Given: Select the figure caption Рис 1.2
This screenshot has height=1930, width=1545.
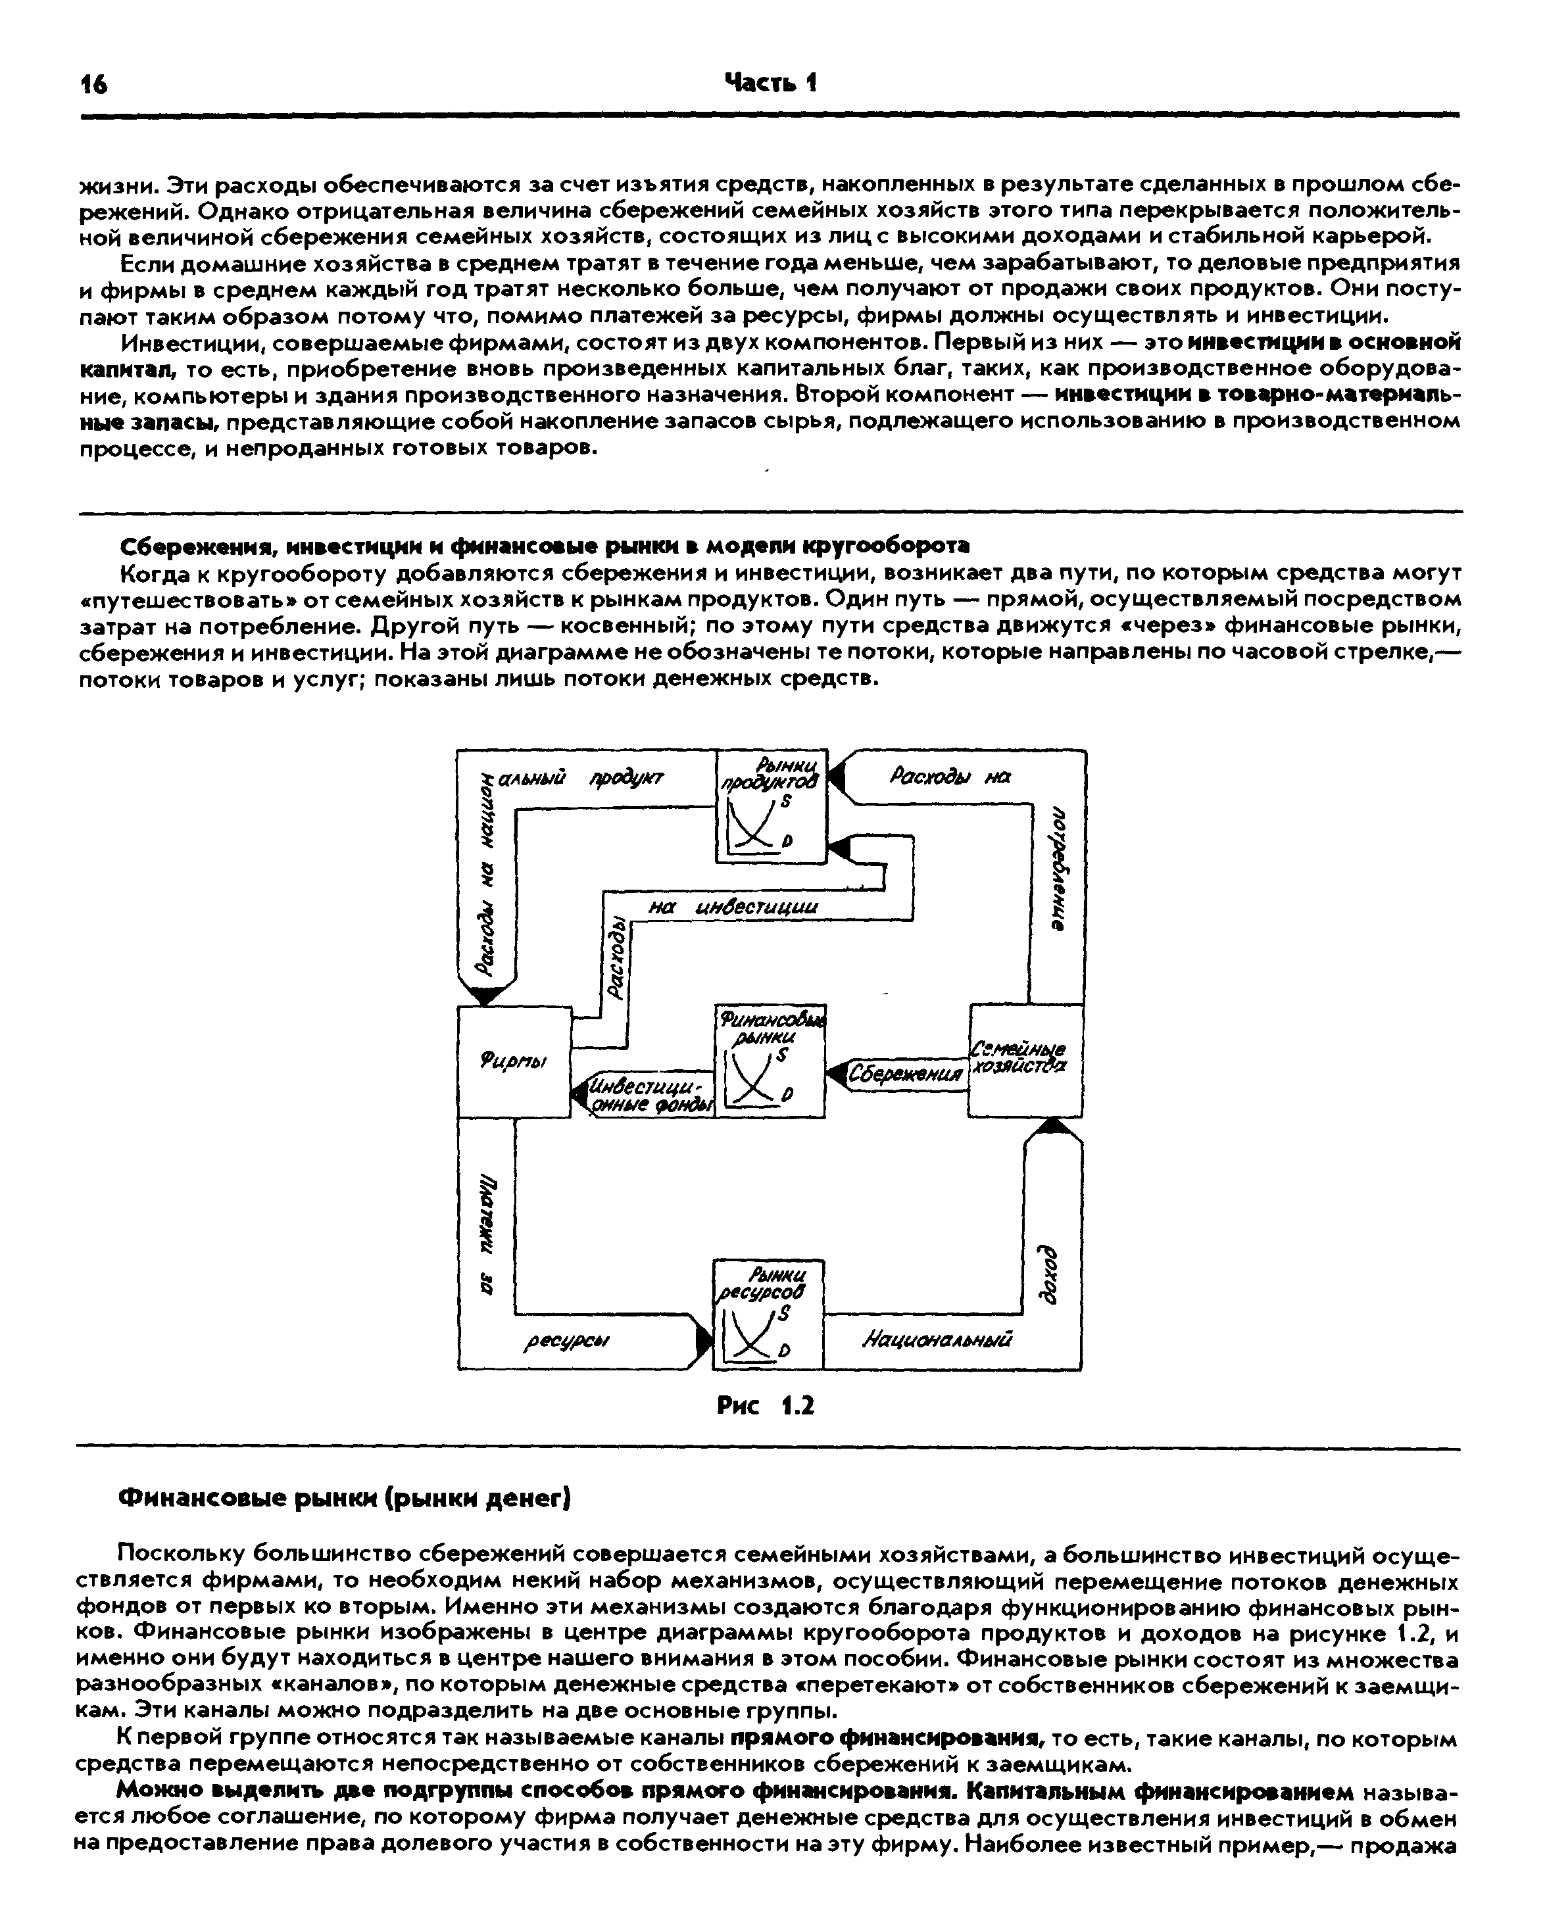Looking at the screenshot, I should click(x=766, y=1407).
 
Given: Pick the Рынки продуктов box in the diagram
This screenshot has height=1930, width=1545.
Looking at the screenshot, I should click(x=772, y=806).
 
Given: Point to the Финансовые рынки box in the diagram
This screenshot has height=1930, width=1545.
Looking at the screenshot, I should click(x=770, y=1061).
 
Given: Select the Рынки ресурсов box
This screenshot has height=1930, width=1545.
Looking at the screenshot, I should click(x=768, y=1313).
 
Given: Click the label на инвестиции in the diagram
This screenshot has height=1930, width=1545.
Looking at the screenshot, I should click(x=733, y=907).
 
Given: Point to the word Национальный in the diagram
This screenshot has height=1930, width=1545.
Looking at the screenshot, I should click(x=937, y=1340).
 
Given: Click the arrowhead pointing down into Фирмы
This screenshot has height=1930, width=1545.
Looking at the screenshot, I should click(x=487, y=994).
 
